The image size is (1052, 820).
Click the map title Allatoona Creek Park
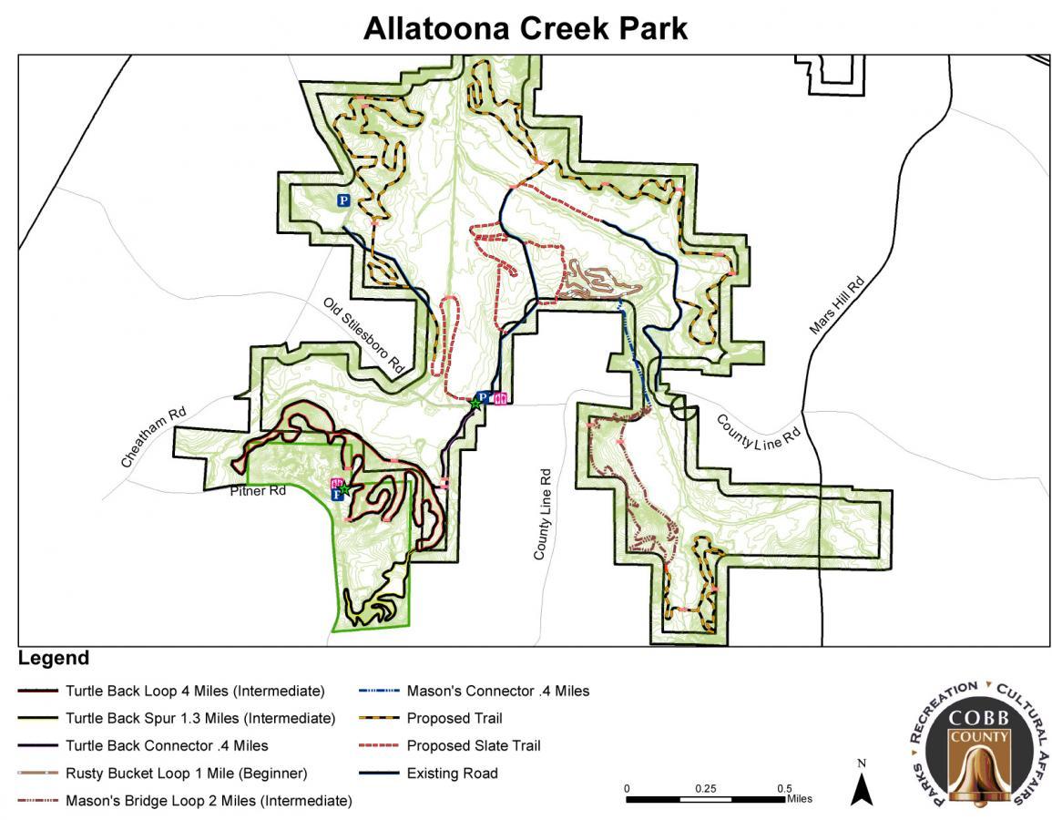click(526, 28)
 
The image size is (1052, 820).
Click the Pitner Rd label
click(258, 491)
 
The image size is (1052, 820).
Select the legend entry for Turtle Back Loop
click(195, 691)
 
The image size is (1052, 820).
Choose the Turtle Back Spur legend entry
click(200, 718)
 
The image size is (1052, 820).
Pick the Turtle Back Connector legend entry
click(167, 745)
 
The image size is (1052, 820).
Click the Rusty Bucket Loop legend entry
click(186, 774)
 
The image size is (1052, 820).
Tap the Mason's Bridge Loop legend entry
click(209, 801)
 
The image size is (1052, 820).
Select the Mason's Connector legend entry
click(497, 691)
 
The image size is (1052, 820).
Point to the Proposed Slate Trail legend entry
click(474, 745)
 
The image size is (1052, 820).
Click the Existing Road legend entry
click(452, 774)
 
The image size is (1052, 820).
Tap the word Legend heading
click(54, 659)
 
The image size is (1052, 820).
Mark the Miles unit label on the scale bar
click(799, 799)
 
